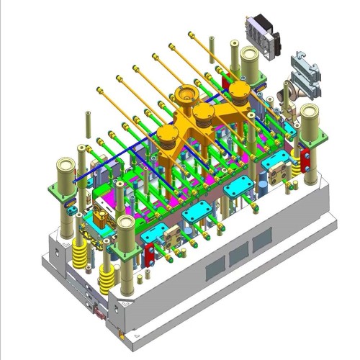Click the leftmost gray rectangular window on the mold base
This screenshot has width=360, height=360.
coord(215,269)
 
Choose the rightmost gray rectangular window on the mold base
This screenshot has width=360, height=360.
coord(260,243)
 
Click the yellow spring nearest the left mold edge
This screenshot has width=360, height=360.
coord(78,253)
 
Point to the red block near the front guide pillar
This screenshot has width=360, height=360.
coord(150,253)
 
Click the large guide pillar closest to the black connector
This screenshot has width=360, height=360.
coord(251,57)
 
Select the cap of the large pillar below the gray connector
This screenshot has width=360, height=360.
coord(311,112)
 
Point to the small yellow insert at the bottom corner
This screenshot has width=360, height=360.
coord(120,334)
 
